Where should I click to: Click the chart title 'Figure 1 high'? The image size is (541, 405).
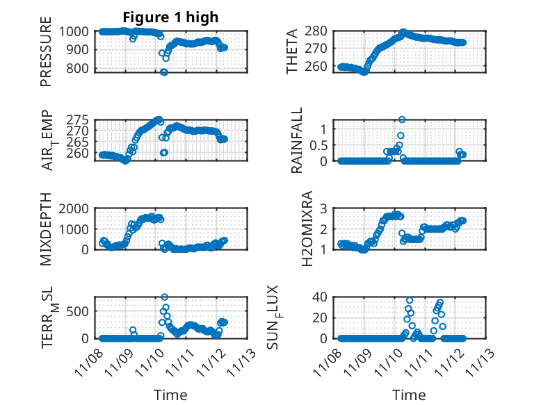tap(170, 17)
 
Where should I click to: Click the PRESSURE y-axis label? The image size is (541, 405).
tap(46, 56)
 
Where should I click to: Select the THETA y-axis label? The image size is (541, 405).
tap(292, 51)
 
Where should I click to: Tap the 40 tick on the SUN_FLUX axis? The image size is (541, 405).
tap(320, 297)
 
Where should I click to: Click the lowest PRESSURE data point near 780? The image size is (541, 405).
tap(164, 72)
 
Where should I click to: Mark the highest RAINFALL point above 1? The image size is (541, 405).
tap(402, 120)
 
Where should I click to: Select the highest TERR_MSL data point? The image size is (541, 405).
tap(165, 297)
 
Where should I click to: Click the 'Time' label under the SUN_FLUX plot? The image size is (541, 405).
tap(409, 395)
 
